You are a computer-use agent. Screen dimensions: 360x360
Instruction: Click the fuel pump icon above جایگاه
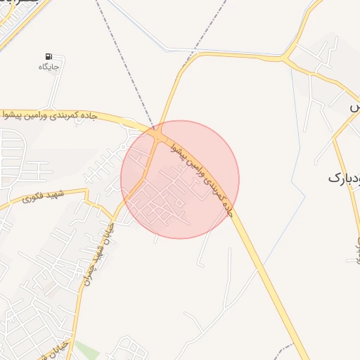click(x=48, y=56)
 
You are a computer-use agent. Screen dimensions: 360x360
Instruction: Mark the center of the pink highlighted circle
click(x=180, y=179)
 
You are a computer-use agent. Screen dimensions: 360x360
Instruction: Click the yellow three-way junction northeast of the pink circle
click(x=288, y=56)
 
